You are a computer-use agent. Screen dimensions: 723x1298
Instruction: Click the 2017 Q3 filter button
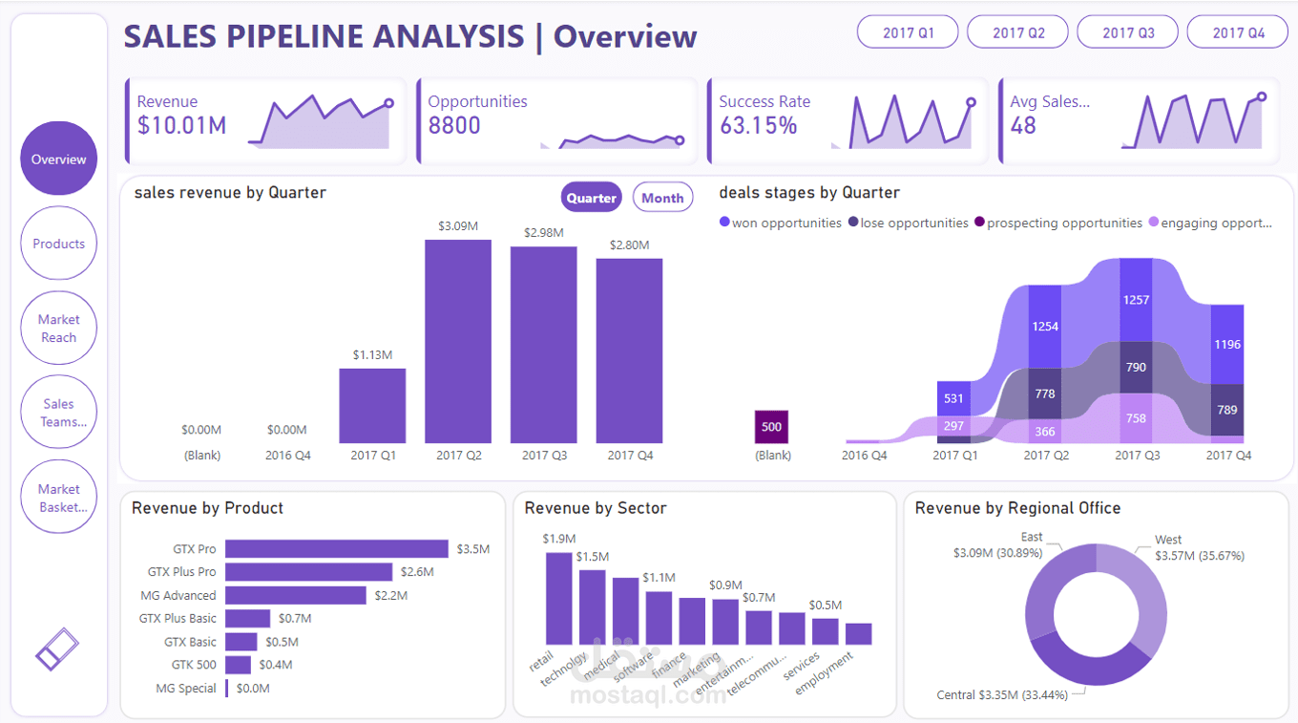tap(1128, 32)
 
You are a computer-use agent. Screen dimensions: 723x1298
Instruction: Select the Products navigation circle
tap(58, 244)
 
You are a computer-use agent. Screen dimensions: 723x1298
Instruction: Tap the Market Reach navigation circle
tap(58, 329)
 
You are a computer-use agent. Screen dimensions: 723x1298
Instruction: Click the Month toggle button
tap(662, 198)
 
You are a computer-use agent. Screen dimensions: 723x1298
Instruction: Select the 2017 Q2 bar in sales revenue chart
tap(458, 341)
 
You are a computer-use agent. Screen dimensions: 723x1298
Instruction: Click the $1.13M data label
tap(372, 354)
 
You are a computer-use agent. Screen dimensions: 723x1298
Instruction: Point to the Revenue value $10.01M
tap(181, 126)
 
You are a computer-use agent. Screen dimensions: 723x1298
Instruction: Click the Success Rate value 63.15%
tap(758, 126)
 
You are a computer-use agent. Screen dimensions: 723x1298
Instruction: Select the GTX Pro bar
tap(336, 549)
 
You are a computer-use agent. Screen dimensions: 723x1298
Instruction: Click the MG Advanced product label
tap(178, 595)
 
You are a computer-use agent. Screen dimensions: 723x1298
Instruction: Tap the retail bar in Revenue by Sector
tap(558, 598)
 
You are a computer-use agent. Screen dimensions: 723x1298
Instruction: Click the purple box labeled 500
tap(771, 427)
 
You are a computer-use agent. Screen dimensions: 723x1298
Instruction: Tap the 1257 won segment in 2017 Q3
tap(1136, 300)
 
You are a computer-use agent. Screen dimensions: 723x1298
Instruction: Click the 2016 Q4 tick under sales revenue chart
tap(287, 456)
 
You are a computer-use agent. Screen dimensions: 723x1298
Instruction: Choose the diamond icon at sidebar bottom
tap(57, 649)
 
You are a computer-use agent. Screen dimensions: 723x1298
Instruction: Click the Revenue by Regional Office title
tap(1017, 508)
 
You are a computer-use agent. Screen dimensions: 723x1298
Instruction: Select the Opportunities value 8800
tap(454, 126)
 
